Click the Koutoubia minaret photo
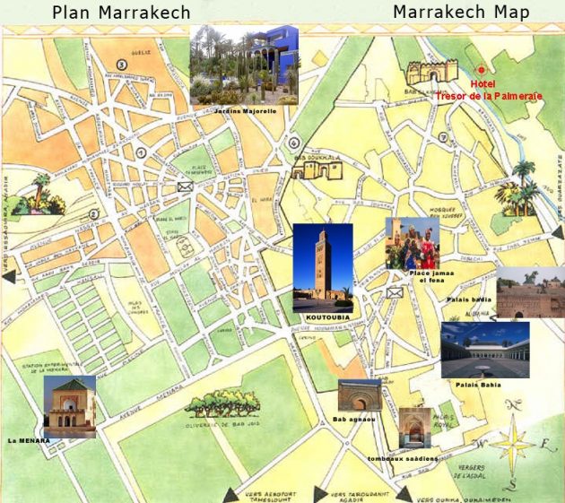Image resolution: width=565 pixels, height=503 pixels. click(322, 267)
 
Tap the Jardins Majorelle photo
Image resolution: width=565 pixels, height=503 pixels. click(243, 65)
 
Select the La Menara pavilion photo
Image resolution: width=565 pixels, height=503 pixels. click(69, 405)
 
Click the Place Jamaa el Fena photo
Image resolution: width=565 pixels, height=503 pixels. click(413, 243)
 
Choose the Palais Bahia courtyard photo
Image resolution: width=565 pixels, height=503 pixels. click(485, 350)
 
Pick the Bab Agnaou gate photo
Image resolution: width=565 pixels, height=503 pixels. click(359, 395)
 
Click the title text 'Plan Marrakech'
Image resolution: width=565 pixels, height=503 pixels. click(121, 13)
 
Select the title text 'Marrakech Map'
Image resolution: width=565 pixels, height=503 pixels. click(461, 13)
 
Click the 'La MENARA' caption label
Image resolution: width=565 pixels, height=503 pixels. click(29, 440)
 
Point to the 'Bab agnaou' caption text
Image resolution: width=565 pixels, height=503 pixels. click(352, 419)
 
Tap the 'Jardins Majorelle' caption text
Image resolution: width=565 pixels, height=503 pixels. click(245, 110)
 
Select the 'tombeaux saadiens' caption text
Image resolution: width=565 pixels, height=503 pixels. click(403, 458)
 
